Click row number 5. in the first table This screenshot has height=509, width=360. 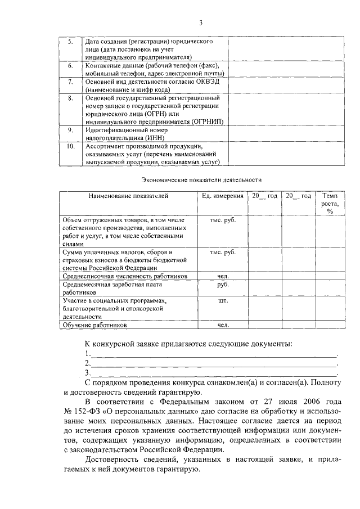(x=70, y=42)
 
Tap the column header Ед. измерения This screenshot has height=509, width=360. (x=223, y=196)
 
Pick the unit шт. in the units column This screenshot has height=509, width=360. (x=223, y=301)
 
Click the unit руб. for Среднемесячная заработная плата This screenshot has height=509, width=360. (x=223, y=285)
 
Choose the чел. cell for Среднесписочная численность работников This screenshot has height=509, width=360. (x=223, y=277)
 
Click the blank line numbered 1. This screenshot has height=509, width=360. (x=214, y=354)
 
